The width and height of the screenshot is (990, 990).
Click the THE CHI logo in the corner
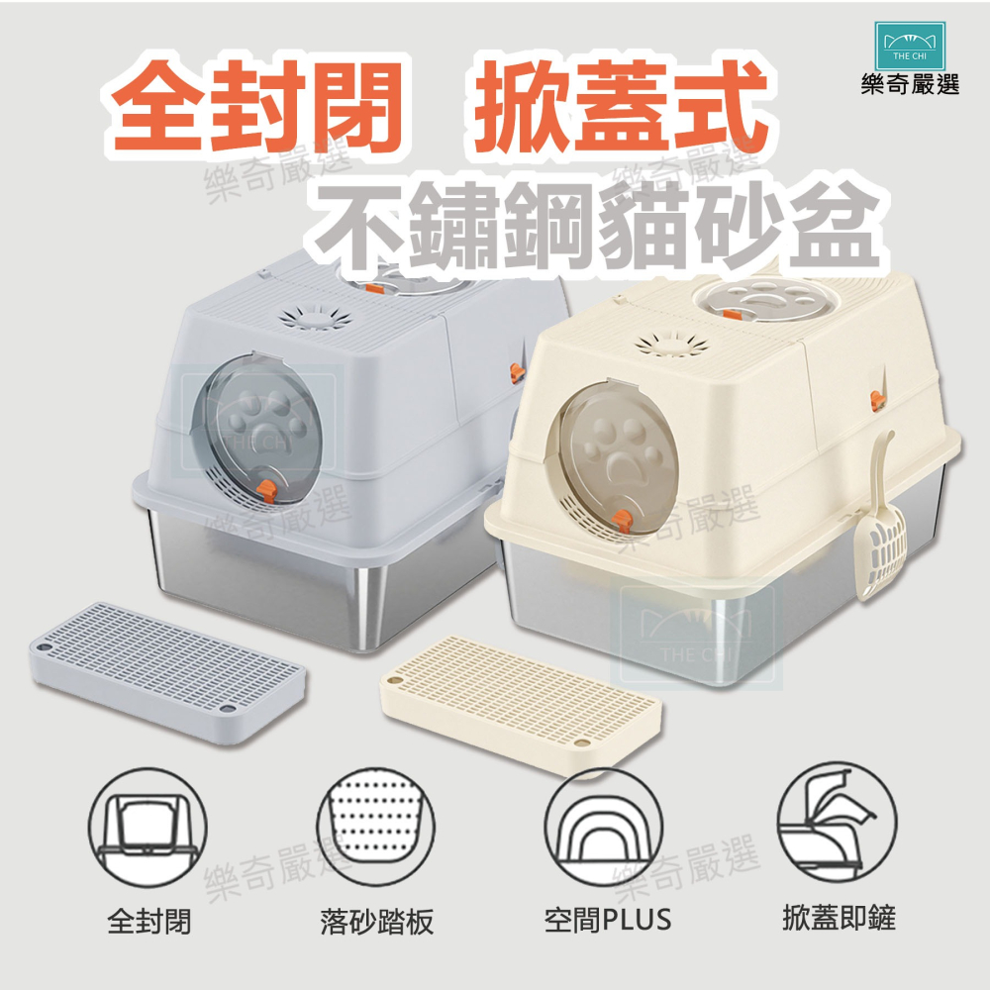(x=910, y=46)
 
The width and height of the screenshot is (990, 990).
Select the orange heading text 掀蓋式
(x=621, y=106)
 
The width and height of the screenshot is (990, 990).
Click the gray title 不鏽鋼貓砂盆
(x=596, y=225)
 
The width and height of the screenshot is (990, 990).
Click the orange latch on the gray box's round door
(x=267, y=490)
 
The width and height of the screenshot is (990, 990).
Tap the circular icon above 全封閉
(x=148, y=828)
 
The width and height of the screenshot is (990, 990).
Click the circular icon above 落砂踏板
(x=375, y=828)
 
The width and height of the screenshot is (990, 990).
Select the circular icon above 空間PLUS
(x=604, y=828)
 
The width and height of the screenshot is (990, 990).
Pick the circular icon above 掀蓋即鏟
(x=838, y=828)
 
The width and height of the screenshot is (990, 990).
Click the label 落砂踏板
(x=377, y=921)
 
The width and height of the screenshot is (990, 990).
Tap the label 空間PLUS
(x=608, y=920)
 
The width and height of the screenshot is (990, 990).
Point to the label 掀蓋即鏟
(x=840, y=918)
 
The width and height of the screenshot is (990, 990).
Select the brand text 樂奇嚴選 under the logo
(x=910, y=84)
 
